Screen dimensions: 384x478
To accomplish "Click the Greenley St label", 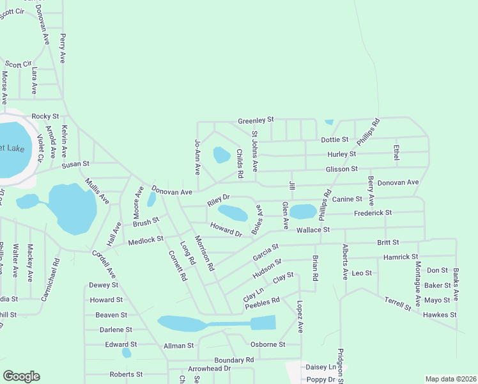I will click(x=256, y=120).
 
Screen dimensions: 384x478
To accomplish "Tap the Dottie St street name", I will click(x=335, y=140).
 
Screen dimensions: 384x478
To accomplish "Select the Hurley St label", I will click(x=359, y=154).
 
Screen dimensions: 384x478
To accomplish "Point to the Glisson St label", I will click(x=341, y=169).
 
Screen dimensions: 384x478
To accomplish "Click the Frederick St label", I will click(x=373, y=212).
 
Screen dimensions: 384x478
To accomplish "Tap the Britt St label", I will click(x=387, y=243).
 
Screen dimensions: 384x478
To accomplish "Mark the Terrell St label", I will click(x=397, y=303).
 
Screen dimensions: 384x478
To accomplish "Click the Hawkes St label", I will click(x=440, y=315).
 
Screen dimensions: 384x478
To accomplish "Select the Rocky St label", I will click(x=45, y=116).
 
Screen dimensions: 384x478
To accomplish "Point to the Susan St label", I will click(x=75, y=165).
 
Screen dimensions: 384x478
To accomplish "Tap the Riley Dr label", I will click(x=218, y=201).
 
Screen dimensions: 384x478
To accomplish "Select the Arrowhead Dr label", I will click(x=209, y=369).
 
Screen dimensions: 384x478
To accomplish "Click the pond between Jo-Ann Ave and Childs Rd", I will click(x=222, y=155).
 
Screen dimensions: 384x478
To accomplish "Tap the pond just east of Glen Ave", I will click(x=303, y=211).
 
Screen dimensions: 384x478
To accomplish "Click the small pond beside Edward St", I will click(x=127, y=353).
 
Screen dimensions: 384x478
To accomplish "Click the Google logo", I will click(x=21, y=376).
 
